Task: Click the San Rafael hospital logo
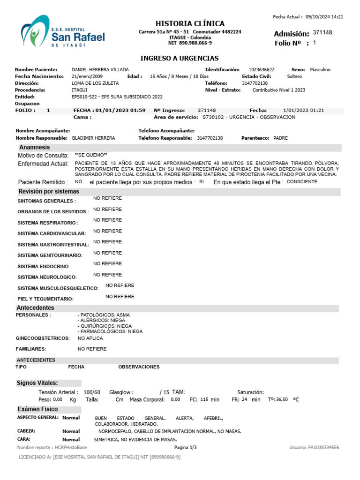(62, 33)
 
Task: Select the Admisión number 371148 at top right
(322, 32)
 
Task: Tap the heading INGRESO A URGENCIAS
(180, 58)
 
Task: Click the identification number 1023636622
(262, 69)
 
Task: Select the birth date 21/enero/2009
(87, 76)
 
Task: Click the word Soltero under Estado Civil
(294, 76)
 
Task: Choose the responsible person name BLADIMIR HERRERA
(93, 138)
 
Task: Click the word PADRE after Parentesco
(280, 138)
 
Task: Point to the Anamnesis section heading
(35, 147)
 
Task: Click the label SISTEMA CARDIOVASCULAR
(52, 233)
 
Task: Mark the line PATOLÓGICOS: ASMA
(104, 315)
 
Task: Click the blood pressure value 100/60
(92, 392)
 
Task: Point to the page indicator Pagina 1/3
(186, 448)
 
